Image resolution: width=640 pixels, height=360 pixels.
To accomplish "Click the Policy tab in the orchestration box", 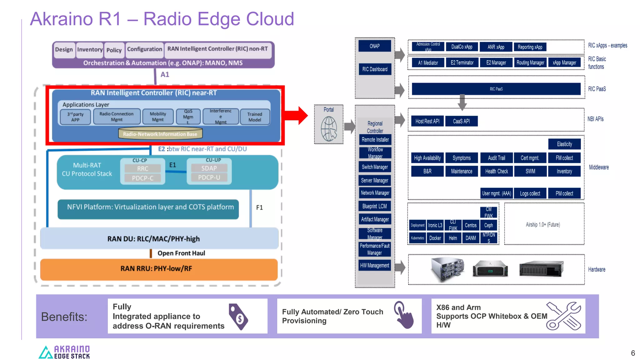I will coord(114,50).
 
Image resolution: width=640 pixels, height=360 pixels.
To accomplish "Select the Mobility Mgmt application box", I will coord(158,117).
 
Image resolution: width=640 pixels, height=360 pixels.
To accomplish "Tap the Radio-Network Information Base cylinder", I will coord(160,133).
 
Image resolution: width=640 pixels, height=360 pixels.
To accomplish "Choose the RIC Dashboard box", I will coord(375,69).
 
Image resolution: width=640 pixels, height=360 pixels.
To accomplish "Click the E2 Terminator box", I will coord(462,62).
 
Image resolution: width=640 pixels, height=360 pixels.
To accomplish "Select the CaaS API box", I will coord(461,121).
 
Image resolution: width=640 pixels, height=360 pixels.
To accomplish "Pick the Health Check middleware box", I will coord(496,171).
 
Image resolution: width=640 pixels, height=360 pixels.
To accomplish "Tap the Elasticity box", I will coord(564,144).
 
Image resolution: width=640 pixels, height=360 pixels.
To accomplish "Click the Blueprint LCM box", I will coord(375,206).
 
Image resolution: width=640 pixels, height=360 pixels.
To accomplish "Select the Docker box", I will coord(435,238).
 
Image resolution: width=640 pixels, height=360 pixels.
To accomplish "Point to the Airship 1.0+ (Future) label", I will coord(543,224).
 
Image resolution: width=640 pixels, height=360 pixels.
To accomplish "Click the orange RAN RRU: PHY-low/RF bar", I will coord(159,269).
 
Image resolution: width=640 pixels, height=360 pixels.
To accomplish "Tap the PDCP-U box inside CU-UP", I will coord(209,177).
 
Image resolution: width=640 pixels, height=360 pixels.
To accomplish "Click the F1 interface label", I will coord(259,207).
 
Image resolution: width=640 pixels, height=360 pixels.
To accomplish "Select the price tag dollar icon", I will coord(238,317).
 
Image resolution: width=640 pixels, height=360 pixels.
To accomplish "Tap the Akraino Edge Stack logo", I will coord(64,352).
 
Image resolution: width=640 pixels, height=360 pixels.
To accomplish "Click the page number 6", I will coord(633,353).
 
